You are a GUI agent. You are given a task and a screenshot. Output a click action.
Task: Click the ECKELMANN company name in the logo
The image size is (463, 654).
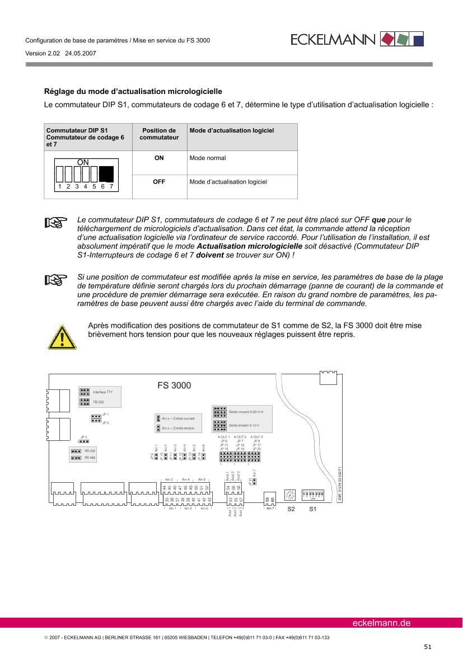pyautogui.click(x=334, y=39)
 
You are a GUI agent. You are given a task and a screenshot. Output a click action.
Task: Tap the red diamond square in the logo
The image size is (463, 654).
pyautogui.click(x=387, y=39)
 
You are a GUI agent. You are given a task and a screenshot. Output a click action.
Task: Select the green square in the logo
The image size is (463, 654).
pyautogui.click(x=402, y=39)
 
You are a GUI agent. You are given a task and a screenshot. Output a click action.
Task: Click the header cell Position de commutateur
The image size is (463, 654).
pyautogui.click(x=159, y=134)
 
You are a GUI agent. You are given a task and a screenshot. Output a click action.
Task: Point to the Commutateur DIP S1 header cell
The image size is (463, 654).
pyautogui.click(x=87, y=137)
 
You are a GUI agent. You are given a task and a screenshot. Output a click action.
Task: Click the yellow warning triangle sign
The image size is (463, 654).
pyautogui.click(x=62, y=338)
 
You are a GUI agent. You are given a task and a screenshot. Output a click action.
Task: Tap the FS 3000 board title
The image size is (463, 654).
pyautogui.click(x=174, y=386)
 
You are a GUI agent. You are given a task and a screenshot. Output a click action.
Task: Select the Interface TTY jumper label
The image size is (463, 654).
pyautogui.click(x=103, y=392)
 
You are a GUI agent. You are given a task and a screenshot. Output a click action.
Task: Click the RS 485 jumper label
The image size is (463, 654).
pyautogui.click(x=90, y=458)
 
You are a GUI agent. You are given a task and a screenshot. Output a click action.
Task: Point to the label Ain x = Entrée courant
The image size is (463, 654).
pyautogui.click(x=178, y=418)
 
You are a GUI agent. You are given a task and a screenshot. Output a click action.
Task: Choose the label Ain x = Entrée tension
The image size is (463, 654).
pyautogui.click(x=178, y=428)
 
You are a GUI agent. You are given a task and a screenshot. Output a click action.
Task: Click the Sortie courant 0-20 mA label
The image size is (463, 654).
pyautogui.click(x=246, y=411)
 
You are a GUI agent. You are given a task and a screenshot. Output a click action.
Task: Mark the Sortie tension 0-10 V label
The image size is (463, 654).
pyautogui.click(x=244, y=426)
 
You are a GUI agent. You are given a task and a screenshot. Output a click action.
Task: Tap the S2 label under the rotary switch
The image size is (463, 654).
pyautogui.click(x=291, y=509)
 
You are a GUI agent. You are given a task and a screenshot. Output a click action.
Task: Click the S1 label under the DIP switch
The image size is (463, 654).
pyautogui.click(x=313, y=509)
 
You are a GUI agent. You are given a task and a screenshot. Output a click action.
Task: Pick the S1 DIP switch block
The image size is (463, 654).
pyautogui.click(x=313, y=495)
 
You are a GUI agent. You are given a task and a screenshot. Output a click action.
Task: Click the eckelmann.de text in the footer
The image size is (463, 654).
pyautogui.click(x=381, y=623)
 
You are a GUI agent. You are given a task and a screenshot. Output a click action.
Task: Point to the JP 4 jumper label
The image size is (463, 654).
pyautogui.click(x=84, y=437)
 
